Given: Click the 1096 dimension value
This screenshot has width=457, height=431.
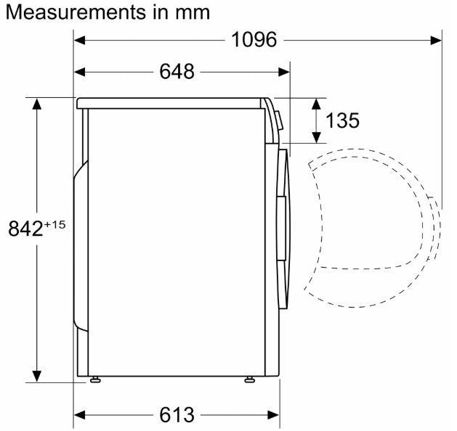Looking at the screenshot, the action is click(x=254, y=40).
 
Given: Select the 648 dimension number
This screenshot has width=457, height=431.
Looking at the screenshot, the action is click(x=177, y=72).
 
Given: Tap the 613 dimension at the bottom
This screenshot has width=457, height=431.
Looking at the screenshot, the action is click(x=177, y=415).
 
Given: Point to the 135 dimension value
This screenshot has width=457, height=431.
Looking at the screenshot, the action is click(x=342, y=120).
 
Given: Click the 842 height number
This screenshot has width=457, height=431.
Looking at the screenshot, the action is click(x=25, y=229).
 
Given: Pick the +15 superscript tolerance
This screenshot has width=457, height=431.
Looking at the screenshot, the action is click(x=54, y=225).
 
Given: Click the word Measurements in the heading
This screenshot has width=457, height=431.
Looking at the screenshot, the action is click(x=76, y=12).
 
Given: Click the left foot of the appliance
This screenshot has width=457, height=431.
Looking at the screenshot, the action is click(x=95, y=379).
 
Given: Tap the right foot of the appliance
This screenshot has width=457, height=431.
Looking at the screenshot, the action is click(x=250, y=379).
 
